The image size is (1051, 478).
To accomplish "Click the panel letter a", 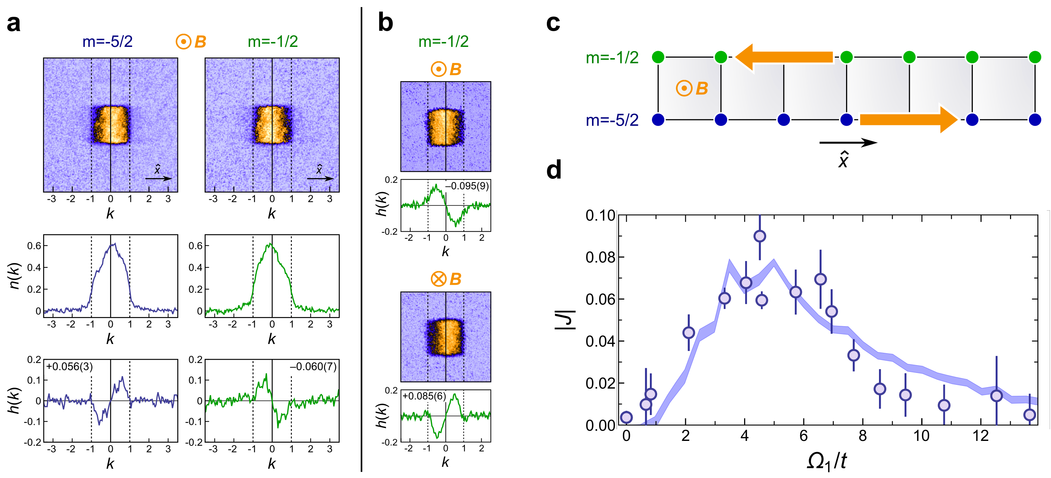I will [x=13, y=24].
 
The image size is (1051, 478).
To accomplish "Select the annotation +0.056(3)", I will [x=69, y=366].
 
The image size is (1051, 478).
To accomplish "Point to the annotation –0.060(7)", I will [x=313, y=366].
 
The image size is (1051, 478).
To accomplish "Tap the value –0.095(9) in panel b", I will [x=467, y=186].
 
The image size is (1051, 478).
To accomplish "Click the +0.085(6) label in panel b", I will [x=424, y=396].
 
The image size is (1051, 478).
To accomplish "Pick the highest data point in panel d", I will [x=760, y=236].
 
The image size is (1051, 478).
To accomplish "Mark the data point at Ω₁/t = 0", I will [x=626, y=417].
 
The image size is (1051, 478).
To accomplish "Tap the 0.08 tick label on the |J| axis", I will [x=600, y=258].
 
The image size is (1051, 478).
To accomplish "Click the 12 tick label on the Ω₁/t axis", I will [x=981, y=436].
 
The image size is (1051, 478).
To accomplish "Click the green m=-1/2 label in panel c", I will [x=612, y=58].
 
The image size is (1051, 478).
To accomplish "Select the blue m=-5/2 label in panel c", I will [x=612, y=120].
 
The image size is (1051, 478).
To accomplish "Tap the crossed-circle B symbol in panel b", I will [x=439, y=279].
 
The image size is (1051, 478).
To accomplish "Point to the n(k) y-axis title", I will [x=14, y=276].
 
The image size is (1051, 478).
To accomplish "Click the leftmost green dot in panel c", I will [x=658, y=57].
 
